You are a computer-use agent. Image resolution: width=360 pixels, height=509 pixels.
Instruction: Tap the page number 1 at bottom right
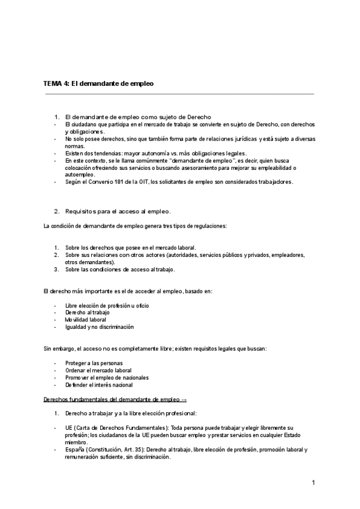(x=313, y=483)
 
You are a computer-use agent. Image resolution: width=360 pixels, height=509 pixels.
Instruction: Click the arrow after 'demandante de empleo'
(x=184, y=399)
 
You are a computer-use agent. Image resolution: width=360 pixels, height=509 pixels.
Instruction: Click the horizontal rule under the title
(x=179, y=94)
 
